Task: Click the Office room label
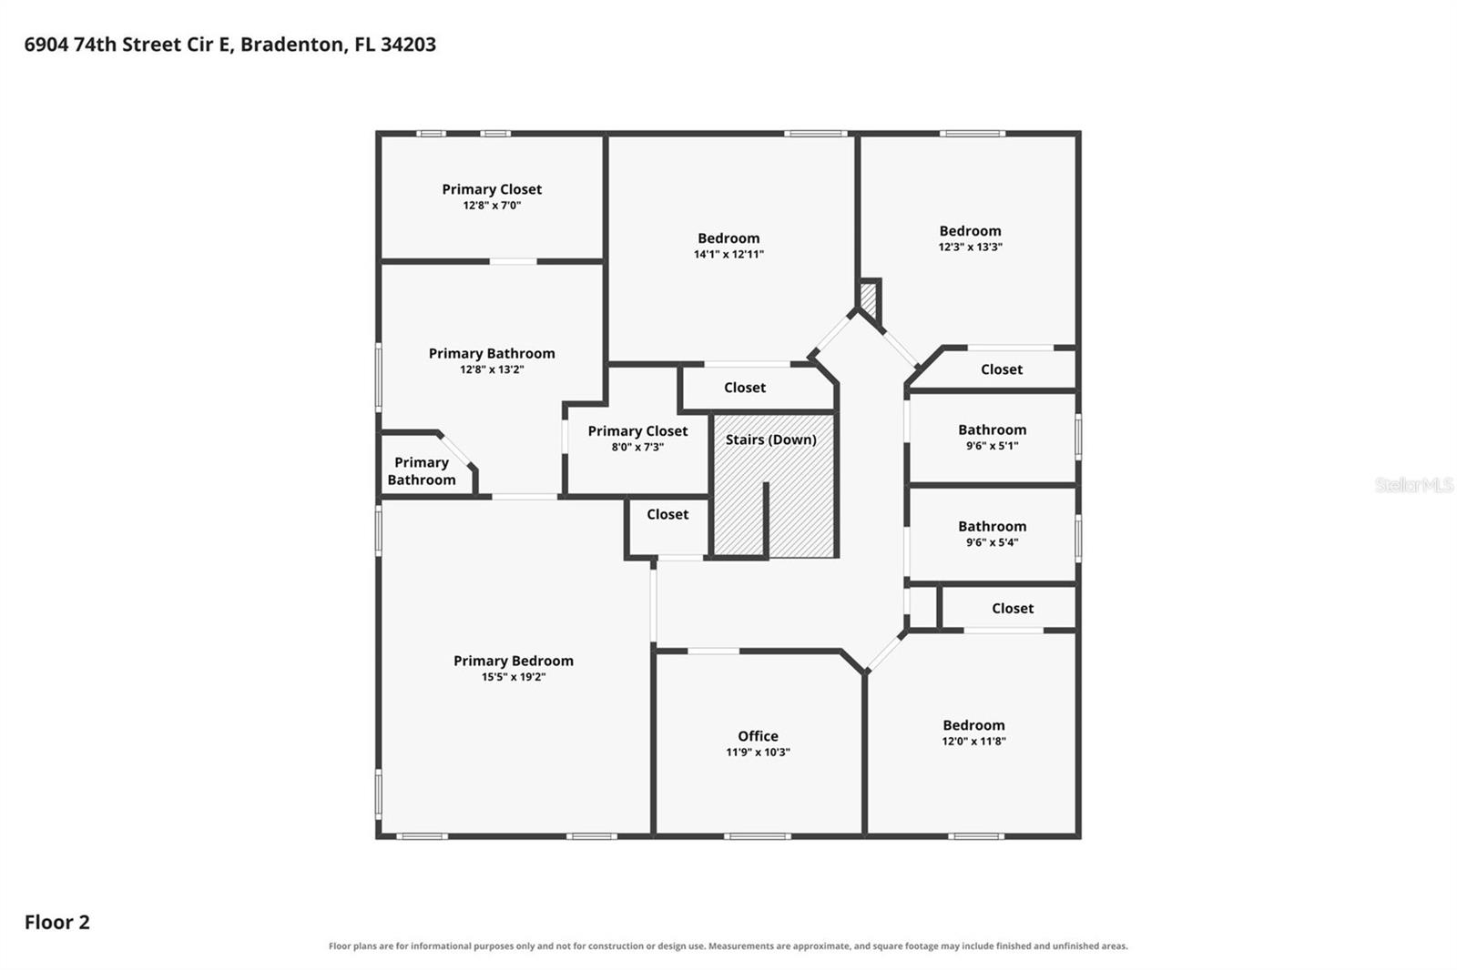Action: pyautogui.click(x=758, y=736)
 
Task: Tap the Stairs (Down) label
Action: pyautogui.click(x=770, y=440)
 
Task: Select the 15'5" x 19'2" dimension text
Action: pyautogui.click(x=514, y=677)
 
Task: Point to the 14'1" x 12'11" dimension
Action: pyautogui.click(x=728, y=254)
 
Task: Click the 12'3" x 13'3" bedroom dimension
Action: pyautogui.click(x=970, y=248)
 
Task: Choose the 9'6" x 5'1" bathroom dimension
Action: pyautogui.click(x=992, y=446)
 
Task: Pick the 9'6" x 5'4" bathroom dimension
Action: pyautogui.click(x=992, y=543)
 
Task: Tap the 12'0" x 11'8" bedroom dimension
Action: pyautogui.click(x=973, y=742)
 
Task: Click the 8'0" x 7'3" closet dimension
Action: pyautogui.click(x=637, y=448)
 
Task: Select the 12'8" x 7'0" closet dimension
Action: pyautogui.click(x=492, y=206)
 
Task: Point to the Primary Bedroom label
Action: pyautogui.click(x=514, y=661)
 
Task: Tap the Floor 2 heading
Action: pyautogui.click(x=57, y=922)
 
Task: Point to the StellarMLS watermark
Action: pyautogui.click(x=1414, y=485)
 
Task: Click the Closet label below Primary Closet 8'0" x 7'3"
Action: pyautogui.click(x=667, y=514)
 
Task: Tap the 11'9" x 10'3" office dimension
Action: pyautogui.click(x=758, y=753)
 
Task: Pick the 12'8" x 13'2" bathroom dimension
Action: pyautogui.click(x=492, y=370)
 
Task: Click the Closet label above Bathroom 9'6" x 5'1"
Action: pyautogui.click(x=1002, y=369)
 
